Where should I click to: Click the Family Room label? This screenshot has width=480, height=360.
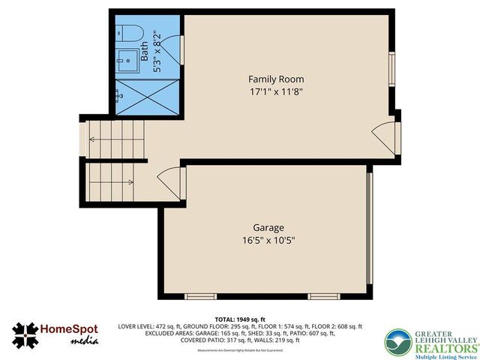276,79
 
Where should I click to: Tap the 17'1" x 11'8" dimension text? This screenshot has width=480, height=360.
276,92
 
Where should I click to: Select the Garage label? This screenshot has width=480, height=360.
268,227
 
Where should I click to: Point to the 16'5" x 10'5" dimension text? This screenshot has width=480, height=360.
268,241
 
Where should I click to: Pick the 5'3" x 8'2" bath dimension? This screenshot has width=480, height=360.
157,51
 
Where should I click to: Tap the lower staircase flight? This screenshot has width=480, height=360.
112,182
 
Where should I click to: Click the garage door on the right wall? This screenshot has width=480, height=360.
369,230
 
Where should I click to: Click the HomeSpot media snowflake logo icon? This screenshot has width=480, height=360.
25,335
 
